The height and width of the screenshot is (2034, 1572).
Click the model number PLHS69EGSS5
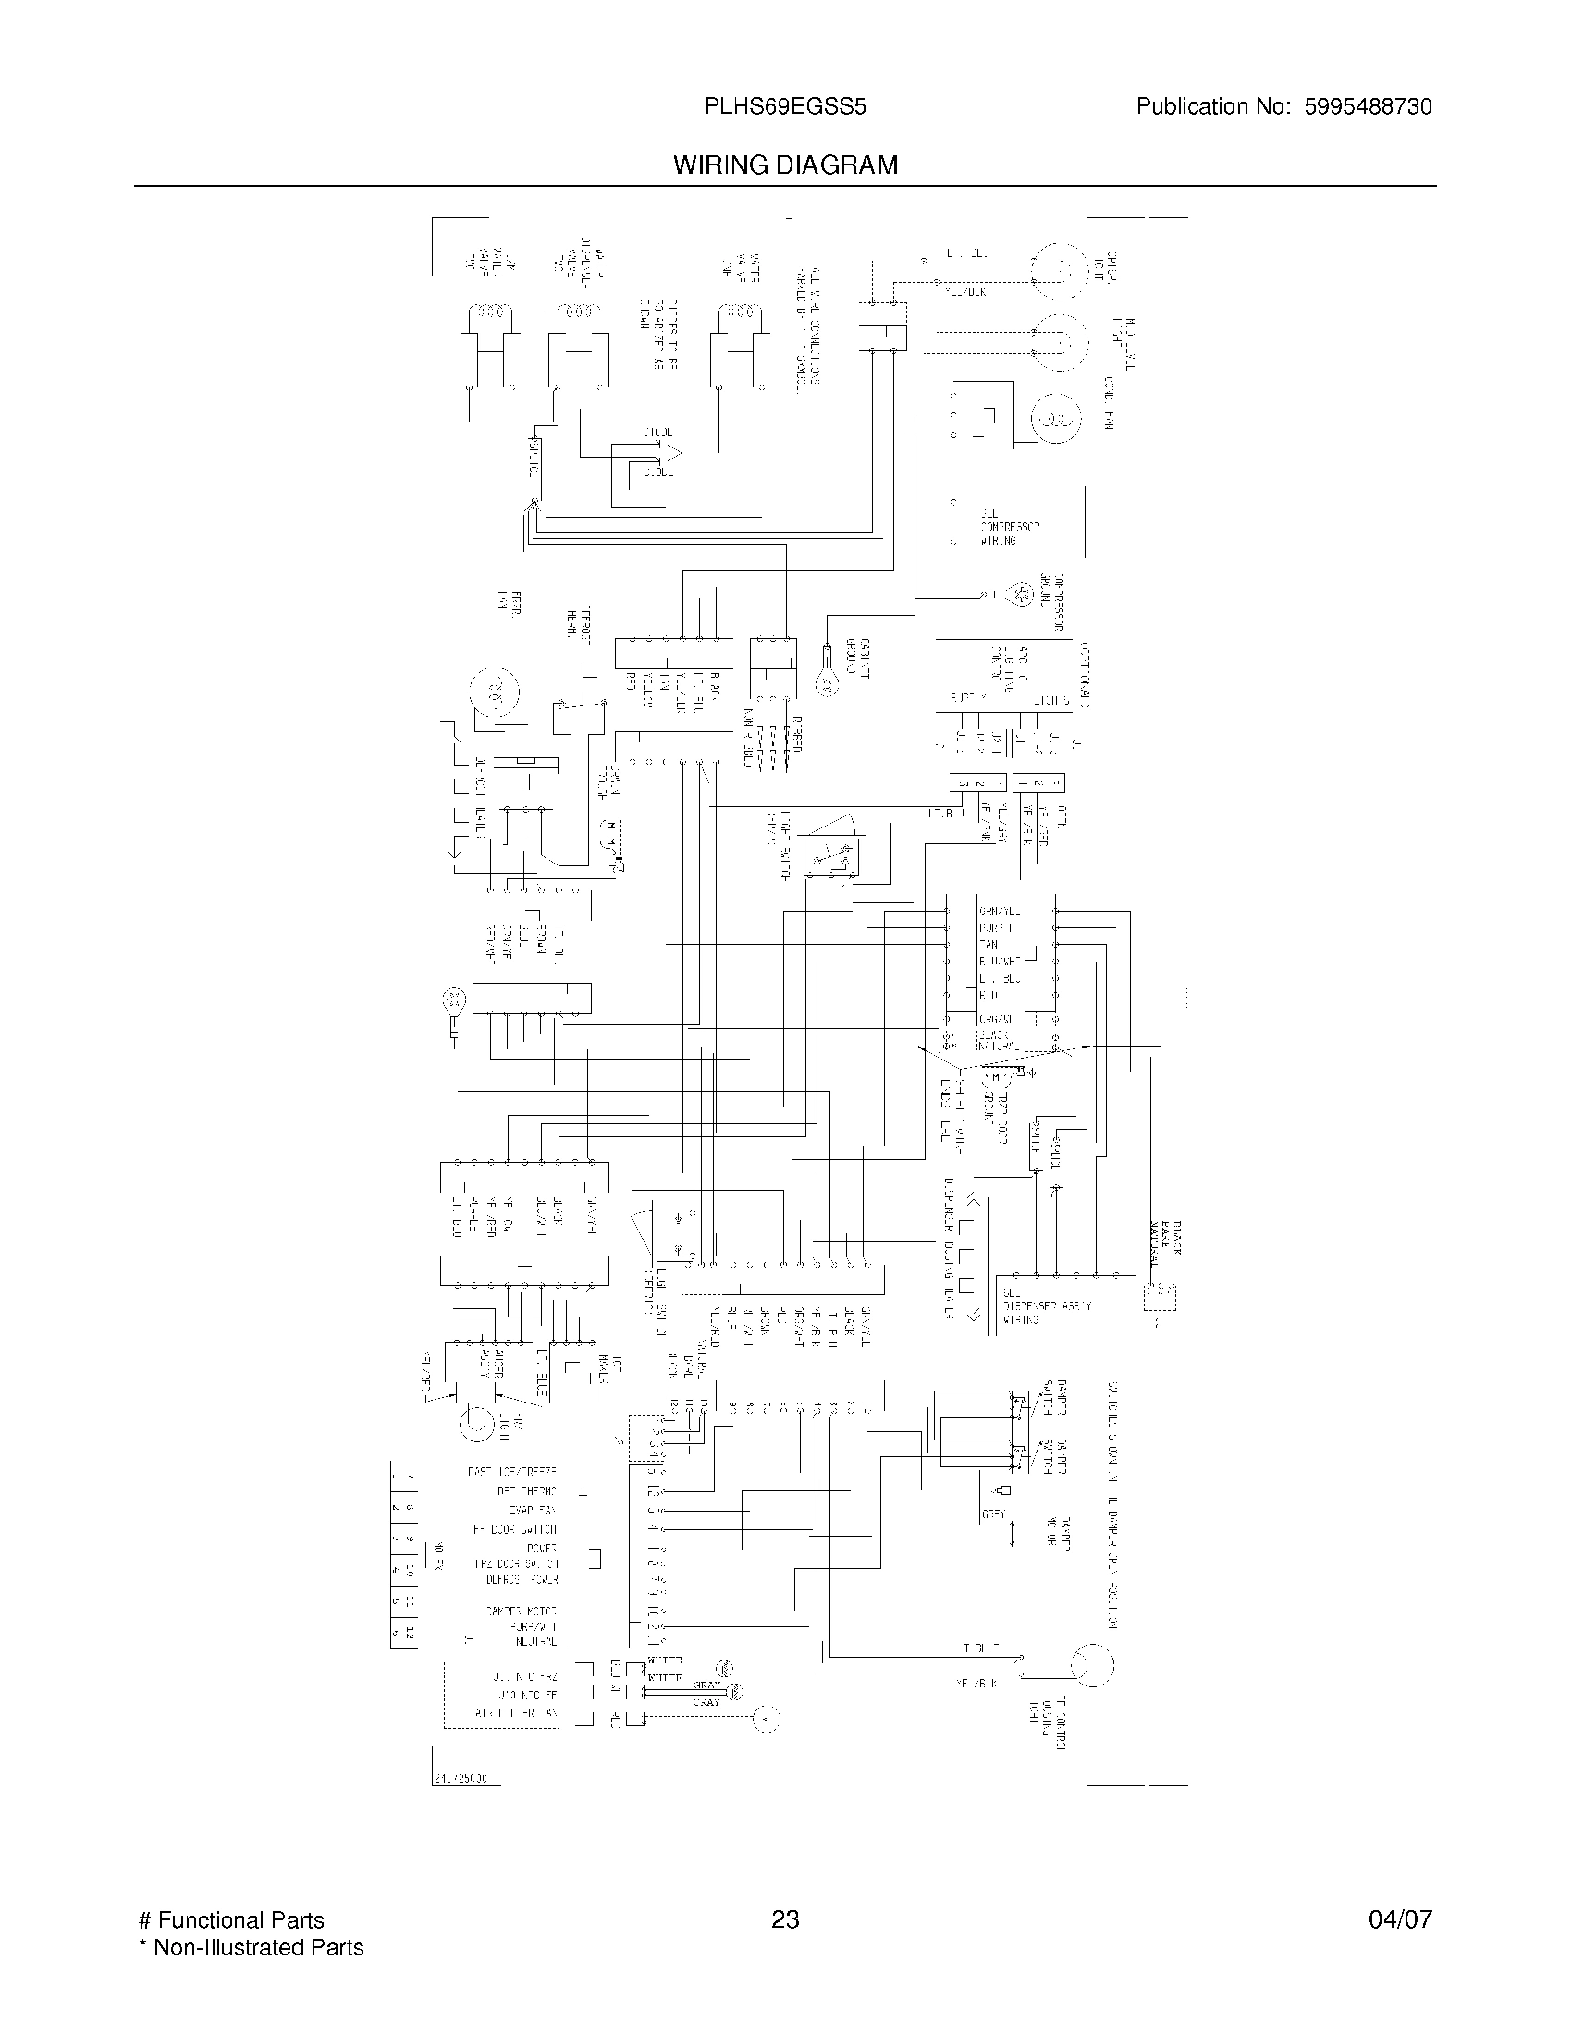coord(785,107)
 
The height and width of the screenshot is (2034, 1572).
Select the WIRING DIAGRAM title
coord(785,165)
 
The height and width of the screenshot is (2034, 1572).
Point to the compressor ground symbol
coord(1023,594)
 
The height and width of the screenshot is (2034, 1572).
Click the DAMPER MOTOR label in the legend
coord(521,1611)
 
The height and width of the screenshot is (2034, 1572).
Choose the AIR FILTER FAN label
coord(516,1712)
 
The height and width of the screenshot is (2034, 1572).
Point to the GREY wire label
coord(993,1515)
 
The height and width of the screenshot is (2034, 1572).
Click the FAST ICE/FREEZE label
coord(511,1473)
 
